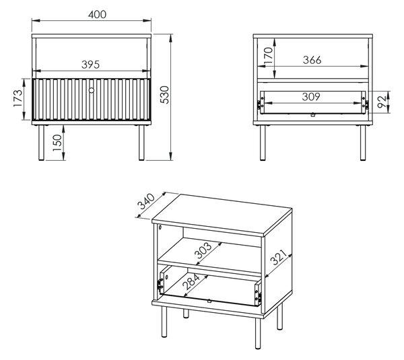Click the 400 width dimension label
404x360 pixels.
(x=97, y=14)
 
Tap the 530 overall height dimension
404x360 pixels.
(x=164, y=95)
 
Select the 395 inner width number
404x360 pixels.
(x=90, y=65)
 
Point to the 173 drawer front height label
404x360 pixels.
(x=18, y=98)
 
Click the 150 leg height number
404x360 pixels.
(x=57, y=143)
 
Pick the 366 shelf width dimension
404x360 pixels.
(x=312, y=60)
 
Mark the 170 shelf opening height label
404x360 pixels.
(x=268, y=56)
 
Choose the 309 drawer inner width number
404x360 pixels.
(x=311, y=97)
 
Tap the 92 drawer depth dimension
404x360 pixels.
(x=382, y=102)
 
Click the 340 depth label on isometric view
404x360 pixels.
(x=146, y=201)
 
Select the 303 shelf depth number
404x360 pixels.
(x=203, y=250)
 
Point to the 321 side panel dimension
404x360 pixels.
(x=278, y=257)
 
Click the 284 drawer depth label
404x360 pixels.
(x=191, y=282)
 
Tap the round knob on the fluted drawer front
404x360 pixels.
(x=92, y=90)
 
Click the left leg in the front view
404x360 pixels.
(x=41, y=143)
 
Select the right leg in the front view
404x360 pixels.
(x=141, y=143)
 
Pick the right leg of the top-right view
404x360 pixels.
(x=363, y=143)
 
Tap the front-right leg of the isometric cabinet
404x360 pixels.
(x=257, y=334)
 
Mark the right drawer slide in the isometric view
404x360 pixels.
(x=258, y=294)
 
